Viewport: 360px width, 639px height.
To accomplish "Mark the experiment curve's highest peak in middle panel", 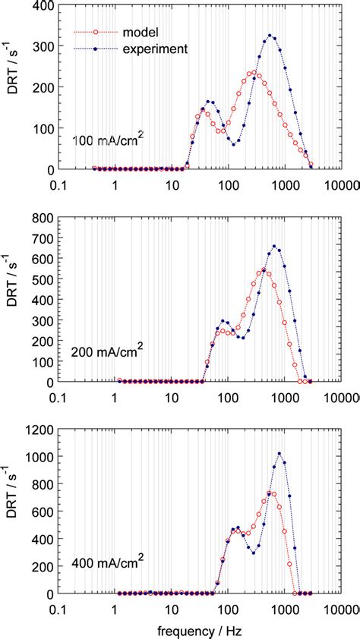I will [x=274, y=246].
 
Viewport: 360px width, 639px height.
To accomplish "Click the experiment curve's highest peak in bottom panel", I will [x=279, y=454].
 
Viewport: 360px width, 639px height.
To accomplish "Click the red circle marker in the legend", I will [x=88, y=33].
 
